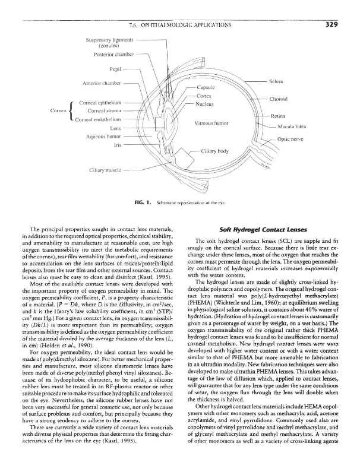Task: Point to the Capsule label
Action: click(x=206, y=87)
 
